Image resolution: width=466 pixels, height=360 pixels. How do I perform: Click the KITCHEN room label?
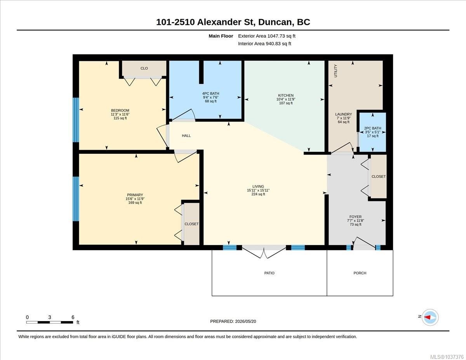pyautogui.click(x=286, y=95)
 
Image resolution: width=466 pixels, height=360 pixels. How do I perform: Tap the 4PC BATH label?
pyautogui.click(x=210, y=94)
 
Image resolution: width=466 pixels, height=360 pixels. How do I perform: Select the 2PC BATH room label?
pyautogui.click(x=372, y=128)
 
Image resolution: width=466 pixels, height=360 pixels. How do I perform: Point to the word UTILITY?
pyautogui.click(x=336, y=71)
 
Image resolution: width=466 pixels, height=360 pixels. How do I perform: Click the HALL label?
pyautogui.click(x=186, y=136)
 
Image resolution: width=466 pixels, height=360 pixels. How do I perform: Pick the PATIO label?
pyautogui.click(x=269, y=273)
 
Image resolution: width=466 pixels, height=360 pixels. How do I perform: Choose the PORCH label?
pyautogui.click(x=360, y=273)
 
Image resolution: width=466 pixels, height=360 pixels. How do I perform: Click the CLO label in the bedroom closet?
pyautogui.click(x=144, y=68)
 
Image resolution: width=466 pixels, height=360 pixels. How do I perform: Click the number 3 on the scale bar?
pyautogui.click(x=50, y=317)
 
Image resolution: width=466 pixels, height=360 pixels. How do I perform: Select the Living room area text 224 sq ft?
pyautogui.click(x=258, y=194)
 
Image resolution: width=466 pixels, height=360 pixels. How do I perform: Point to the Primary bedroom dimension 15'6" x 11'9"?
pyautogui.click(x=135, y=199)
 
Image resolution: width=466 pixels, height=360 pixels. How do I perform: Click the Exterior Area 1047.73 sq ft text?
pyautogui.click(x=266, y=36)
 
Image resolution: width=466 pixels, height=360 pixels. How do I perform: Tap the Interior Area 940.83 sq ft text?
pyautogui.click(x=264, y=44)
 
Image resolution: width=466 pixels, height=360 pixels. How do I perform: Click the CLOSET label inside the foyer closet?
pyautogui.click(x=379, y=176)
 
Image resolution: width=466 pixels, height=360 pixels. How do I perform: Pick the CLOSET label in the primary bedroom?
pyautogui.click(x=191, y=224)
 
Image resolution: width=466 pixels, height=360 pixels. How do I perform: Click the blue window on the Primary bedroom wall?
pyautogui.click(x=76, y=199)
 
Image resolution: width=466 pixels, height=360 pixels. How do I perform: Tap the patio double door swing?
pyautogui.click(x=264, y=253)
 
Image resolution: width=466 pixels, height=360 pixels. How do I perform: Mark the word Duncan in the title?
pyautogui.click(x=276, y=22)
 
